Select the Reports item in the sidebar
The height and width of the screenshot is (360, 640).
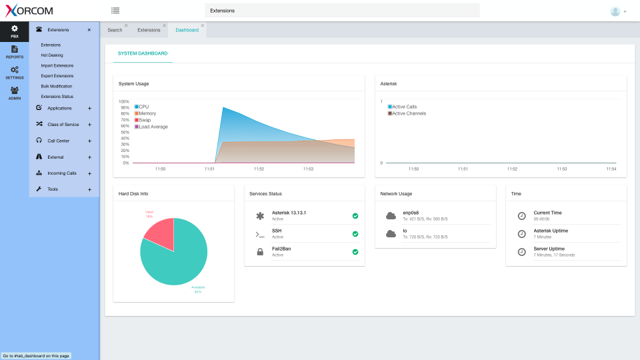pyautogui.click(x=14, y=52)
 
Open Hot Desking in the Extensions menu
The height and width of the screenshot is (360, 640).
pyautogui.click(x=52, y=55)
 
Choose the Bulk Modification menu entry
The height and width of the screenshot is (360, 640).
pyautogui.click(x=57, y=86)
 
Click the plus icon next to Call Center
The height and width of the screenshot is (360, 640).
pyautogui.click(x=89, y=141)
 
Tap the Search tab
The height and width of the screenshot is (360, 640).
pyautogui.click(x=115, y=30)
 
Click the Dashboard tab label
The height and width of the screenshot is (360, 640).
pyautogui.click(x=187, y=30)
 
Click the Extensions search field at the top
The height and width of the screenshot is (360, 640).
pyautogui.click(x=341, y=11)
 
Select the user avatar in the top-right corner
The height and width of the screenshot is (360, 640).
pyautogui.click(x=615, y=11)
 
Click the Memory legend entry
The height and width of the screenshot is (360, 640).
pyautogui.click(x=147, y=113)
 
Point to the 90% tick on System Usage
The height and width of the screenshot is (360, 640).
pyautogui.click(x=125, y=107)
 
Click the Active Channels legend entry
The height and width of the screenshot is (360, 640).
pyautogui.click(x=408, y=113)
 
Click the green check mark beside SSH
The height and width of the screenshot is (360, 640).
pyautogui.click(x=355, y=234)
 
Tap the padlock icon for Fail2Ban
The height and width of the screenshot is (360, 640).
pyautogui.click(x=260, y=252)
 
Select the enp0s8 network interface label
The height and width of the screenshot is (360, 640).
pyautogui.click(x=411, y=213)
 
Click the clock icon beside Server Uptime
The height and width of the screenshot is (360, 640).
pyautogui.click(x=521, y=252)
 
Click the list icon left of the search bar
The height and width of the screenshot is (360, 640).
pyautogui.click(x=115, y=11)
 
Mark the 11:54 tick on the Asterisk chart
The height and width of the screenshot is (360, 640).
pyautogui.click(x=611, y=169)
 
